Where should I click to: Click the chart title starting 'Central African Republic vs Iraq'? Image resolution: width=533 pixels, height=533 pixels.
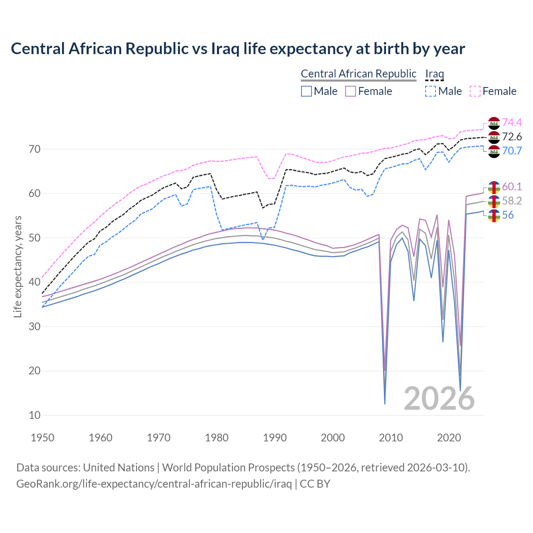tap(238, 49)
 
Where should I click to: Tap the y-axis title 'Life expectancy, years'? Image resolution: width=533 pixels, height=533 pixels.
tap(17, 266)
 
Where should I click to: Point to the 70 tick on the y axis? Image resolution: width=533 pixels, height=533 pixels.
tap(35, 149)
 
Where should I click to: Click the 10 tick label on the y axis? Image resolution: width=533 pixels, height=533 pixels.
tap(35, 415)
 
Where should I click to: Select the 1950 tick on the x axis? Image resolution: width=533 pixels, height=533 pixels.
tap(42, 438)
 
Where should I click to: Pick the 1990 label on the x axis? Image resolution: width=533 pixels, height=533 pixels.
tap(275, 438)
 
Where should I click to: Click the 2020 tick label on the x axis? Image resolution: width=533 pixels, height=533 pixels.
tap(449, 438)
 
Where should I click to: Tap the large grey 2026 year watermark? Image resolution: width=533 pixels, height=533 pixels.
tap(439, 399)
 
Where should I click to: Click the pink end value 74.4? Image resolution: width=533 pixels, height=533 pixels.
tap(512, 122)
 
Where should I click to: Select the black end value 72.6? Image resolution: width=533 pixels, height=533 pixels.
tap(512, 137)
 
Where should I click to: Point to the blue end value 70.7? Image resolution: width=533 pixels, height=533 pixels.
tap(512, 151)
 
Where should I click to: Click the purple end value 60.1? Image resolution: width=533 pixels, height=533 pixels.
tap(512, 187)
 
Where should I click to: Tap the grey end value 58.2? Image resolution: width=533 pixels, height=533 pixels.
tap(512, 201)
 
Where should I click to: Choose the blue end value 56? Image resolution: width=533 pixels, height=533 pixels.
tap(508, 215)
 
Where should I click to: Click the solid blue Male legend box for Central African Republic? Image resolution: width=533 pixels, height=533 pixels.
tap(306, 91)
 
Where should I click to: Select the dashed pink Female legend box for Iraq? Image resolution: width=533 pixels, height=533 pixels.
tap(475, 91)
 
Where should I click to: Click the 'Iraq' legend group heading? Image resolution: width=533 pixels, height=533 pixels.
tap(434, 74)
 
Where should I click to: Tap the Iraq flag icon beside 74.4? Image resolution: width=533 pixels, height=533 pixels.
tap(494, 123)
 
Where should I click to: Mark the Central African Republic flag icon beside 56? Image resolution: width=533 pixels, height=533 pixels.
tap(494, 216)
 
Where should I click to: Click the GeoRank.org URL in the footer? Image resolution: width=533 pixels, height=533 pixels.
tap(154, 484)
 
